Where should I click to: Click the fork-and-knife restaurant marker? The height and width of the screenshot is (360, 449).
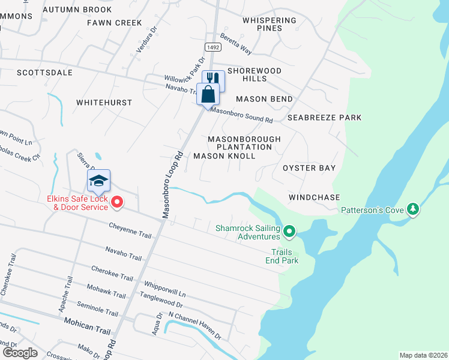point(213,80)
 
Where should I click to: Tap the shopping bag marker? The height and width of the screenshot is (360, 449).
point(208,94)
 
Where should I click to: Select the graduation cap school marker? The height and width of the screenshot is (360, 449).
point(99,180)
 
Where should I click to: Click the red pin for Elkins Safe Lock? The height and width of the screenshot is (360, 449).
point(118,203)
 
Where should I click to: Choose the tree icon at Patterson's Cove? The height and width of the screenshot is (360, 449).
point(412,210)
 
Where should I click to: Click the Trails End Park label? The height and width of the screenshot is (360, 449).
point(282,256)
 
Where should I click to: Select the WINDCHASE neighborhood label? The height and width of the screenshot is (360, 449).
point(314,197)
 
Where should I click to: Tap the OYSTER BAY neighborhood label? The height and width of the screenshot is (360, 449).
point(309,168)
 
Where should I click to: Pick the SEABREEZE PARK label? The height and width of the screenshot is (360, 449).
point(324,118)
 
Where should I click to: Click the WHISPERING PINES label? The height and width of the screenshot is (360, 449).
point(270,24)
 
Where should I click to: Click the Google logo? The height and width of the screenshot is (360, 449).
point(19,353)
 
